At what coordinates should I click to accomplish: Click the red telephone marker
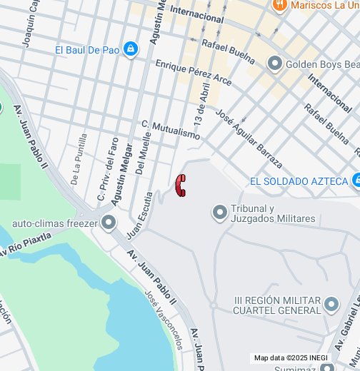[181, 185]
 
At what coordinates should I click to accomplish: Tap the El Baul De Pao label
[87, 50]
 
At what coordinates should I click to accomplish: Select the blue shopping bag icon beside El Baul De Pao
[130, 49]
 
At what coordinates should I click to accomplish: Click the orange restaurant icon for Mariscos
[279, 5]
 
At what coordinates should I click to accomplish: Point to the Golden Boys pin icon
[275, 64]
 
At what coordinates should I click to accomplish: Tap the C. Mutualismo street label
[171, 129]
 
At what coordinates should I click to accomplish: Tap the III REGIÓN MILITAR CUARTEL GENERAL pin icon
[330, 305]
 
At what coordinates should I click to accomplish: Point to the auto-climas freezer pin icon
[109, 223]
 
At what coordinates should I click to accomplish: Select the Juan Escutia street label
[140, 215]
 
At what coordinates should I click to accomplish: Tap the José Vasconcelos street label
[164, 320]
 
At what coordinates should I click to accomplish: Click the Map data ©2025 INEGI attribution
[290, 358]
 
